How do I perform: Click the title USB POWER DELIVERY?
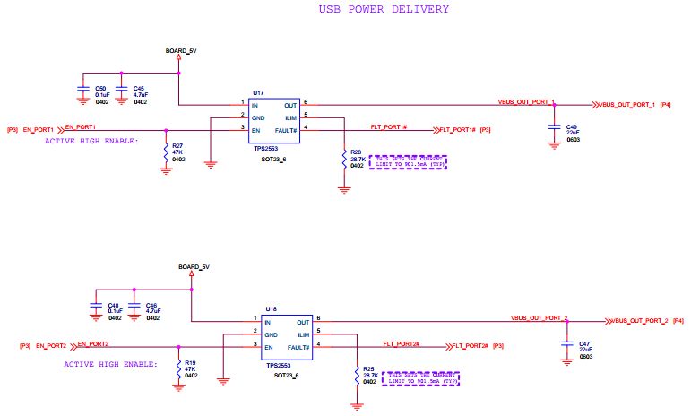[384, 9]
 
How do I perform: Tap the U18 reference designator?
[272, 308]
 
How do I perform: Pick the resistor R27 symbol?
[165, 152]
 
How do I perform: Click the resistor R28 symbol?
[343, 160]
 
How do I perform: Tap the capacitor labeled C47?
[566, 344]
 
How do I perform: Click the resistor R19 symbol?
[178, 368]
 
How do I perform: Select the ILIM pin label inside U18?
[303, 333]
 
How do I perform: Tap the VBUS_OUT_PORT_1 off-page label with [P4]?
[627, 105]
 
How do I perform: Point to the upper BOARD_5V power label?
[181, 51]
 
